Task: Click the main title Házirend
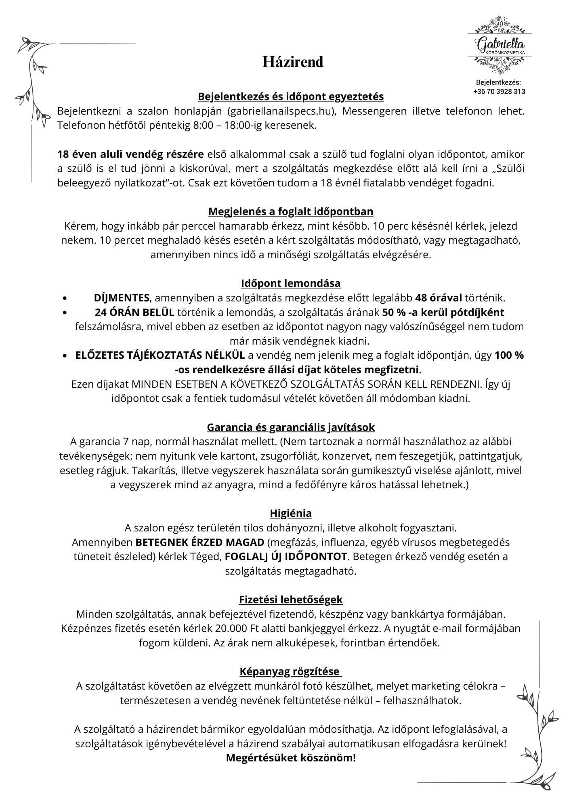293,62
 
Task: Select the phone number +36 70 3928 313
499,92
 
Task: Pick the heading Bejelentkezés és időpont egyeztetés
291,97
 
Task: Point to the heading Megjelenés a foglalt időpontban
291,211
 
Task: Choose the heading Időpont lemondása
291,283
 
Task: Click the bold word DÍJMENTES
122,298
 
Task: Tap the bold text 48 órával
439,298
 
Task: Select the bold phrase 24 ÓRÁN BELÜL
135,312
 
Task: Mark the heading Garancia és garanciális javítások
291,427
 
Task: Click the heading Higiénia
291,513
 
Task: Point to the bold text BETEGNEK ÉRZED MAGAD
200,542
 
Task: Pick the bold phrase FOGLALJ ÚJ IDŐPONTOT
286,556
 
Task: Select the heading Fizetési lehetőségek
291,600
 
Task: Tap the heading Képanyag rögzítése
290,671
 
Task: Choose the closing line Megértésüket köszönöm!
291,758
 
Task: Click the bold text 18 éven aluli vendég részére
130,154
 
